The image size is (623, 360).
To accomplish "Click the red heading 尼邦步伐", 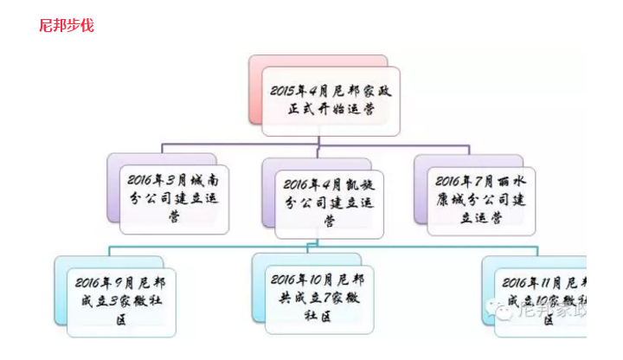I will pyautogui.click(x=66, y=26).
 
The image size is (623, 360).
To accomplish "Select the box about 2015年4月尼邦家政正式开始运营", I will pyautogui.click(x=332, y=101).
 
